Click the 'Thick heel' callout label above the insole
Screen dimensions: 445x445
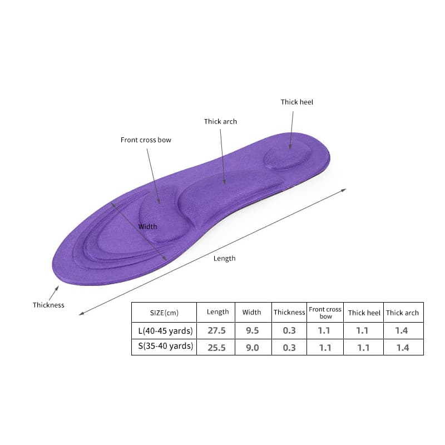click(297, 102)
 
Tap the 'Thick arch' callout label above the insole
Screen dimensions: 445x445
click(220, 121)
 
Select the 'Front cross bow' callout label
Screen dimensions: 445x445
click(146, 140)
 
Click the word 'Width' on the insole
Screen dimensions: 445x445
click(147, 226)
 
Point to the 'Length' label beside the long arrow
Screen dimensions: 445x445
click(225, 259)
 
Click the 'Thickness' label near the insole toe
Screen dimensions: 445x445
click(48, 305)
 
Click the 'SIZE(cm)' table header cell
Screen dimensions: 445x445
click(164, 313)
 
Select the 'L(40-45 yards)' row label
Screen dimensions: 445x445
click(165, 331)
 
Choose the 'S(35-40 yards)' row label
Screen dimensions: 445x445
click(165, 346)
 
